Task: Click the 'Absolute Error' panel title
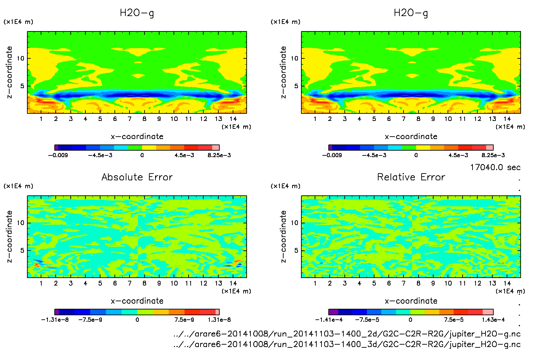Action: (x=137, y=177)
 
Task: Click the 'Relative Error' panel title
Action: (x=411, y=177)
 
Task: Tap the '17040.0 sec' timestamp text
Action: (x=495, y=167)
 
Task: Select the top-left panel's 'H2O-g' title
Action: (x=137, y=13)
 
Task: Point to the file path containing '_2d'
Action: (x=347, y=334)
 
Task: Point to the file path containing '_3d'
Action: (x=347, y=344)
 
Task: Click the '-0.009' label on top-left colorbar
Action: (x=58, y=155)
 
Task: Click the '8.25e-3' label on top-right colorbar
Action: (x=493, y=155)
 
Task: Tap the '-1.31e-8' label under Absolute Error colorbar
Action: (x=55, y=320)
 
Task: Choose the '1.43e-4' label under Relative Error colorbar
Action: (x=493, y=320)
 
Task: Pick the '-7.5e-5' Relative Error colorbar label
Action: (x=367, y=320)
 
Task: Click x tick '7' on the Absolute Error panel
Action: (x=129, y=283)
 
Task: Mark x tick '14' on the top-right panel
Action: (x=507, y=119)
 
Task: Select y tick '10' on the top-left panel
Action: (x=20, y=58)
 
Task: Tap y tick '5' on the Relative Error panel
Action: (x=296, y=250)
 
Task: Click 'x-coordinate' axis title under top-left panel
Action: (x=137, y=137)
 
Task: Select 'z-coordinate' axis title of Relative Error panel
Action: (x=283, y=236)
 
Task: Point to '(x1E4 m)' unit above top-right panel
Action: (x=286, y=22)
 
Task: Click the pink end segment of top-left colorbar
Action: (x=216, y=148)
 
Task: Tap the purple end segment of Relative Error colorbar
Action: (x=333, y=312)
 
